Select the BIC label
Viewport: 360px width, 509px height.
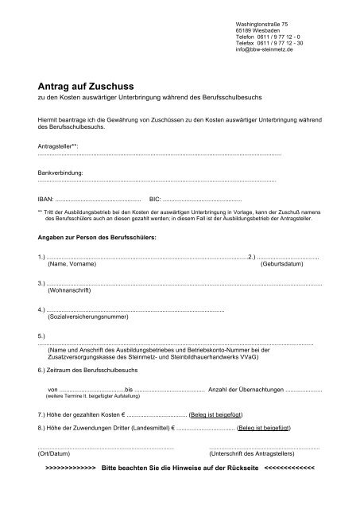(x=156, y=197)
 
